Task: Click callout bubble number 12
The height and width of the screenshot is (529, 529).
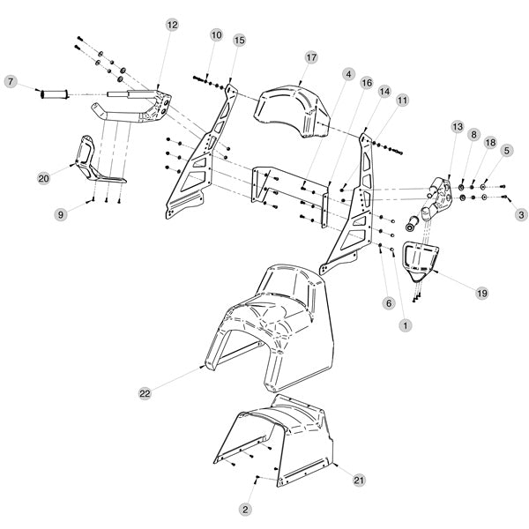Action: (x=172, y=25)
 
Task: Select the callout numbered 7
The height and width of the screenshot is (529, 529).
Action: (x=11, y=82)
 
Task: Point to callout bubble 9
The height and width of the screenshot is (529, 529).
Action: (x=61, y=214)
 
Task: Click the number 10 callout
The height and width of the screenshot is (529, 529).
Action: (x=217, y=34)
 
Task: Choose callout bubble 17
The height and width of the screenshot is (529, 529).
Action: (x=311, y=57)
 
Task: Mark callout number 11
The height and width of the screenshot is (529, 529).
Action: (x=402, y=101)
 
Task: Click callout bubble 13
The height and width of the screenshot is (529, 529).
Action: (x=457, y=127)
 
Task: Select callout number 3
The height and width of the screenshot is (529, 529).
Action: (x=521, y=214)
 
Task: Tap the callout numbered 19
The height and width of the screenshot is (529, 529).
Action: (x=482, y=291)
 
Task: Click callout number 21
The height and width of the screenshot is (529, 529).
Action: (x=359, y=480)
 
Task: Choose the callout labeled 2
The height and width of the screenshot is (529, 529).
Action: (x=246, y=509)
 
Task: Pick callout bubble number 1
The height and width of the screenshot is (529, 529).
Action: (x=406, y=325)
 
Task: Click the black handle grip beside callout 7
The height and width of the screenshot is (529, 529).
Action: (x=56, y=93)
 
